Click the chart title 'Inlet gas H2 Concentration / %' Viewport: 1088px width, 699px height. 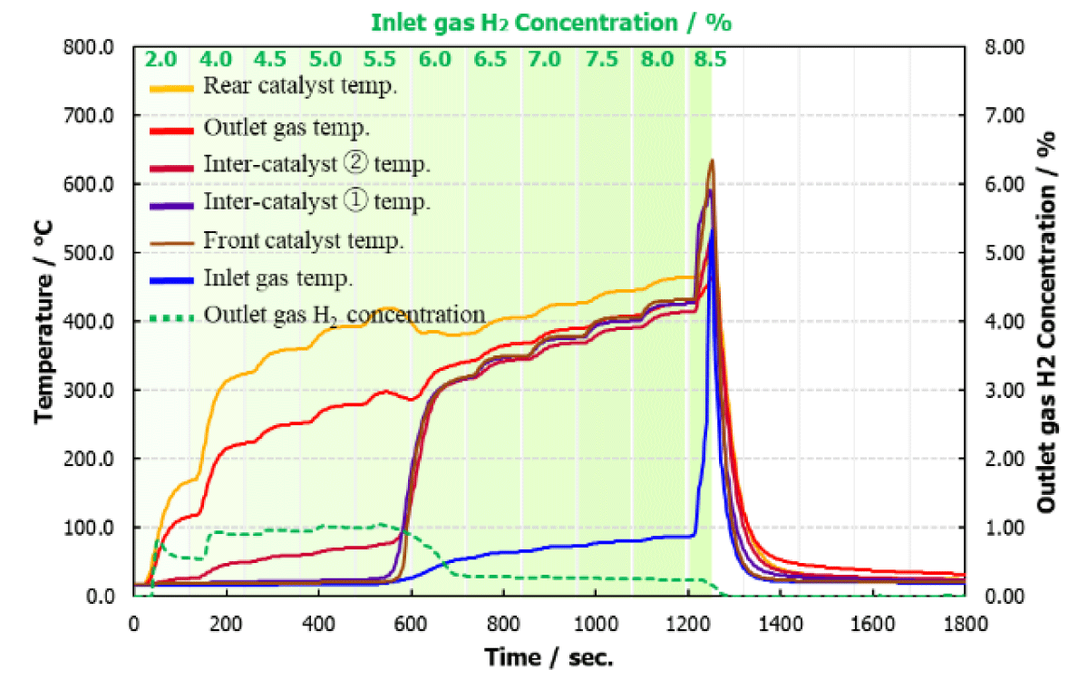(x=551, y=23)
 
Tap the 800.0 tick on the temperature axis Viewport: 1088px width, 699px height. (x=89, y=48)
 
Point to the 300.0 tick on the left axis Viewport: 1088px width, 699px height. (x=89, y=390)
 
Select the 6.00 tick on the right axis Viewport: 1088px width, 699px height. (x=1005, y=185)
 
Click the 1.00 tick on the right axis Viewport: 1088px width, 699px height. (x=1005, y=528)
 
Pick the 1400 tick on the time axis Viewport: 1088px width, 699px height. (x=781, y=624)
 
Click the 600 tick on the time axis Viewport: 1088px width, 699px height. (x=411, y=624)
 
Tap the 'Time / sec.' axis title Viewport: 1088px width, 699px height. (x=549, y=657)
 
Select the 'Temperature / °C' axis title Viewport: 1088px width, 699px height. (x=44, y=322)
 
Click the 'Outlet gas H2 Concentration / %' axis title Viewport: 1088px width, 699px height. (x=1047, y=322)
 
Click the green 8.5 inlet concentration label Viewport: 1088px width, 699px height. (x=710, y=59)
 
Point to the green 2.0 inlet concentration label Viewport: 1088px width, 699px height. (x=160, y=59)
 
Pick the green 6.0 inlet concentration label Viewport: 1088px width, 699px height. (x=434, y=59)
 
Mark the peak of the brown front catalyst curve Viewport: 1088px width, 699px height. (x=712, y=160)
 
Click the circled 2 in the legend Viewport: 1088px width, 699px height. (x=355, y=162)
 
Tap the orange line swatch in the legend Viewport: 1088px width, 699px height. (x=172, y=89)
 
